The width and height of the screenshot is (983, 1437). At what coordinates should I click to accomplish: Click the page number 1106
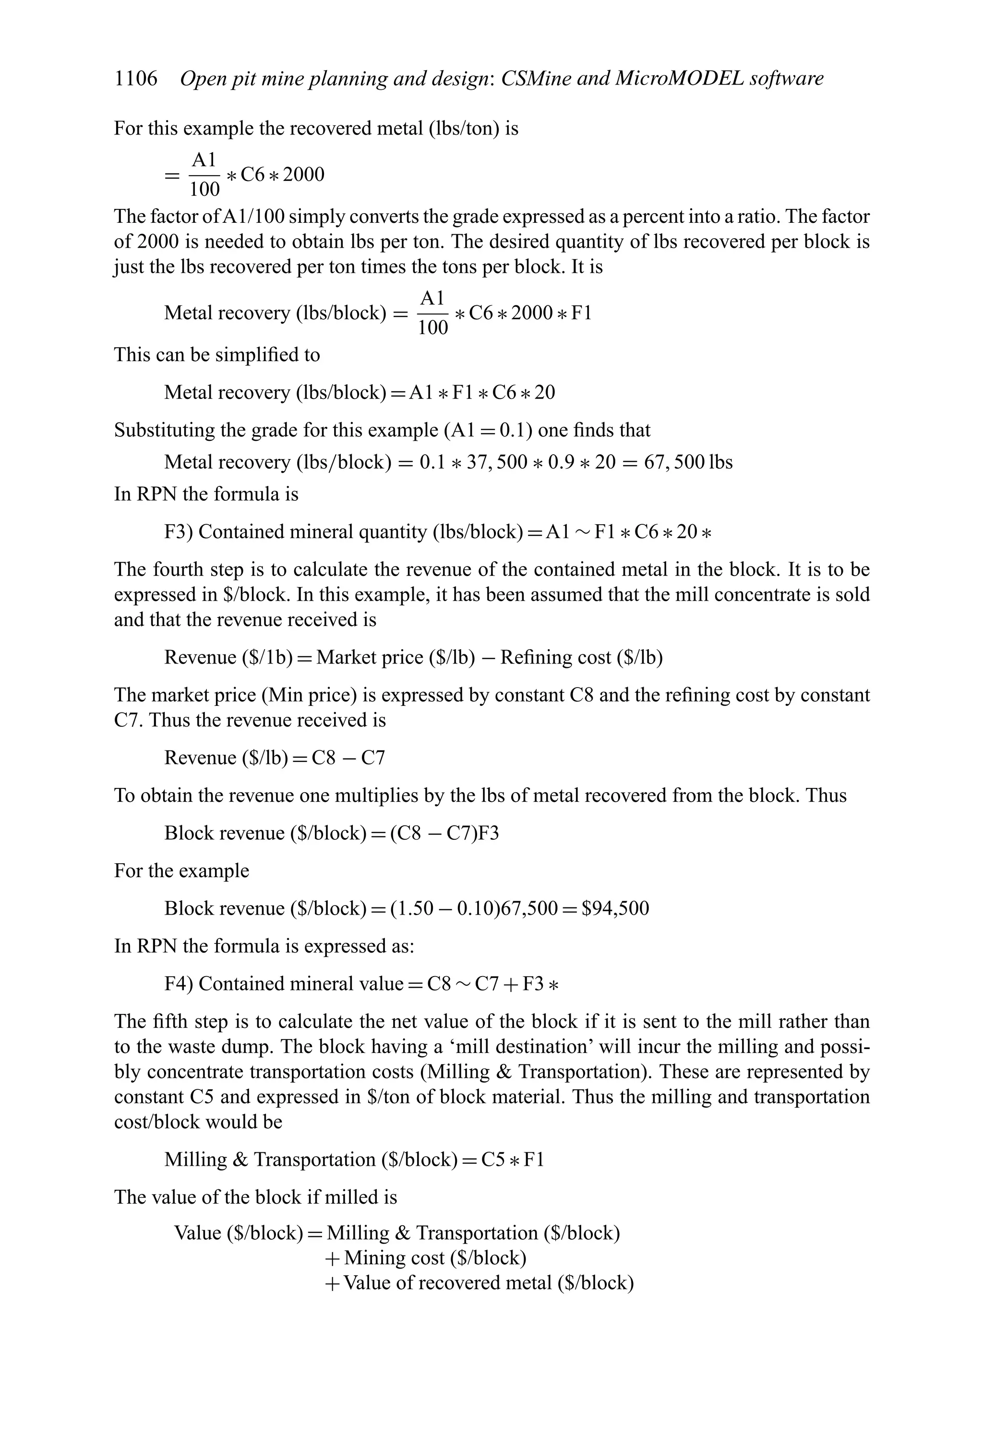[x=136, y=79]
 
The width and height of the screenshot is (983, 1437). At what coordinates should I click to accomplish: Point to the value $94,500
[x=615, y=908]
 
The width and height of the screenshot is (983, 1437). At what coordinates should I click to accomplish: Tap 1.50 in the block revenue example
[x=417, y=908]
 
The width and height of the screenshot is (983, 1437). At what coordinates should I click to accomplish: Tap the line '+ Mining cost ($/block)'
[x=425, y=1258]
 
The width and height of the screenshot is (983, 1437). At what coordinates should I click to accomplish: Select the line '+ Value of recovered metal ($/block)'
[x=479, y=1283]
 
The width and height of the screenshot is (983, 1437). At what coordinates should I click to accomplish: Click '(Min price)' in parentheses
[x=309, y=695]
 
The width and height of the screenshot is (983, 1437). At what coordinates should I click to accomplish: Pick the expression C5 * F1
[x=513, y=1159]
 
